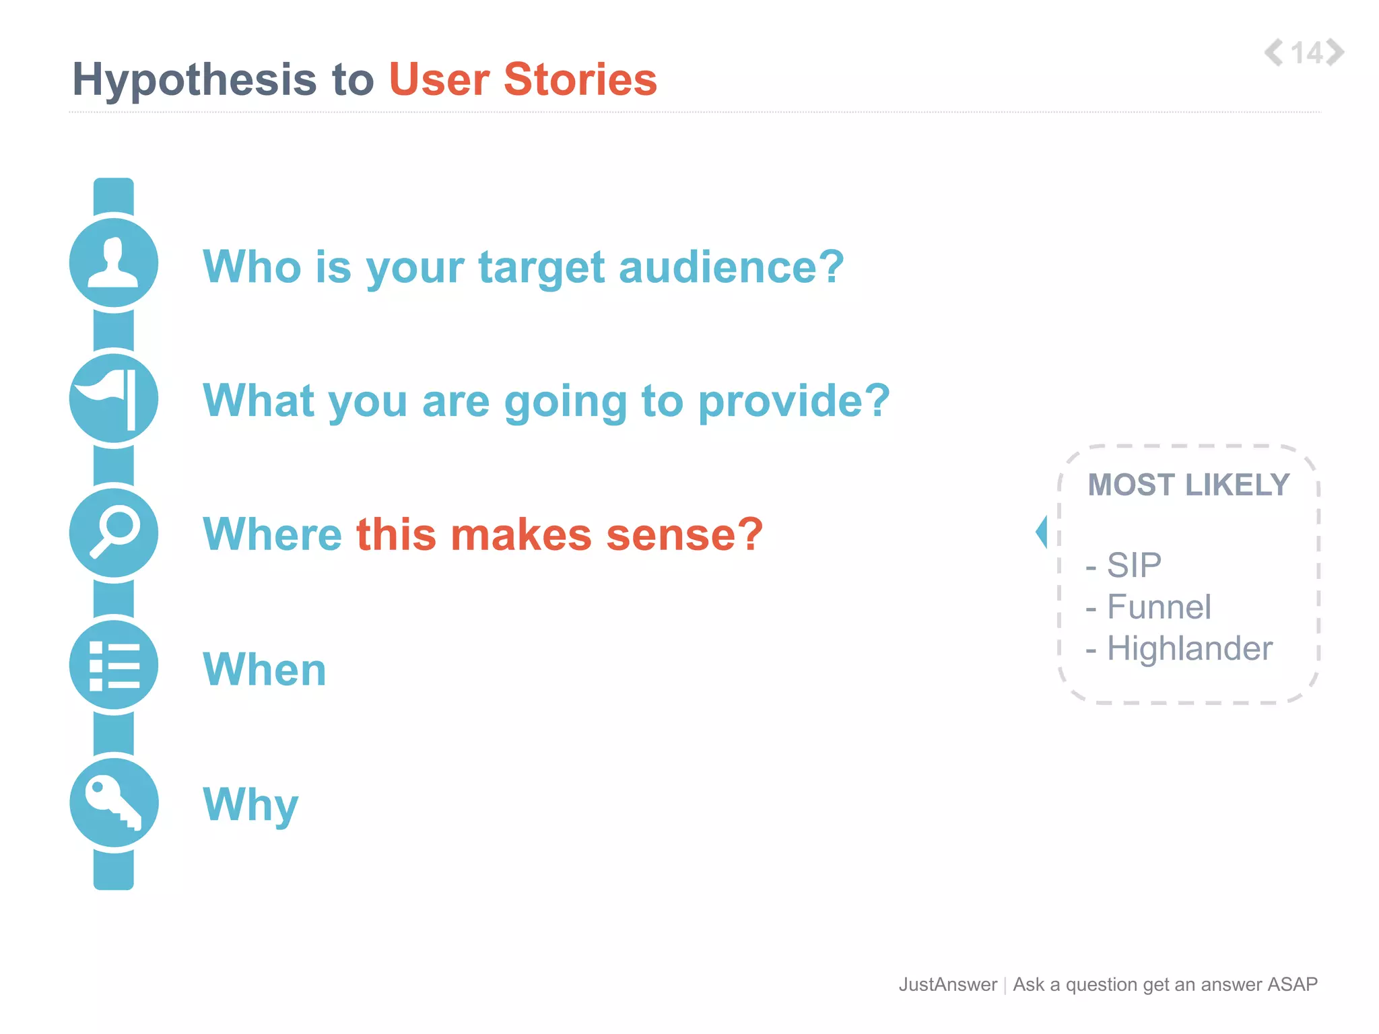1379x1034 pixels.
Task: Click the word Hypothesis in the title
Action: coord(194,80)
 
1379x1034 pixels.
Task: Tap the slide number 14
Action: coord(1307,53)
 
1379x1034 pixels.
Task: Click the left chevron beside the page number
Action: coord(1273,53)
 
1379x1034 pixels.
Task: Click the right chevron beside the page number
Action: coord(1336,53)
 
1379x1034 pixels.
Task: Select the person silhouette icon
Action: coord(114,263)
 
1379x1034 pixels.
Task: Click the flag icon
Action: coord(114,399)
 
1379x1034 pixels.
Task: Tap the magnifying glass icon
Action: coord(114,532)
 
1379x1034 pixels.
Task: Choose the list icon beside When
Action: coord(114,666)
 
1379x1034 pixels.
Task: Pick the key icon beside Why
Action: coord(114,802)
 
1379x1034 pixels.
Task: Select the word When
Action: coord(265,670)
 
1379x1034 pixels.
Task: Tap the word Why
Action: coord(250,804)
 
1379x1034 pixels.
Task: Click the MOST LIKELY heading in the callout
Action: coord(1188,485)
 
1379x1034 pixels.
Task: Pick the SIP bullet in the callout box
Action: coord(1134,565)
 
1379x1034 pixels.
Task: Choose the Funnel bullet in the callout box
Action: coord(1158,607)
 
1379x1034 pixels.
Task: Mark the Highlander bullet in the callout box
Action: coord(1189,649)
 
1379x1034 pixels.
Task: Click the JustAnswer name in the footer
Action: coord(947,984)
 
